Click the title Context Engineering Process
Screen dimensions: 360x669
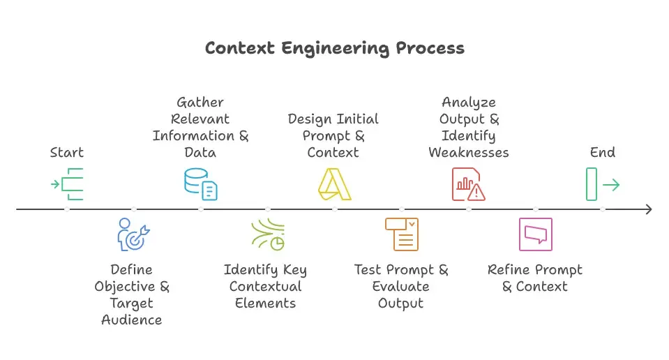[x=334, y=48]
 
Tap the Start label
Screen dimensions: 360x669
[x=67, y=152]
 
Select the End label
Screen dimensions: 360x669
[x=602, y=152]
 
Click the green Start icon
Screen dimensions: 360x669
[x=68, y=184]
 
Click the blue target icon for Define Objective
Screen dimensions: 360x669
[x=133, y=234]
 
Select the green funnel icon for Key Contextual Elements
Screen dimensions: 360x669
[x=267, y=234]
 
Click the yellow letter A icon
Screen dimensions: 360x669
[x=334, y=184]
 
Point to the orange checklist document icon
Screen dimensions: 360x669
[x=401, y=234]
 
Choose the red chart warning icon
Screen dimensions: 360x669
[x=468, y=184]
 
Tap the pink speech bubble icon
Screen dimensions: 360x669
[x=535, y=234]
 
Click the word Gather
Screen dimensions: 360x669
[x=200, y=103]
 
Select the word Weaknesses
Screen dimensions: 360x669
[x=468, y=152]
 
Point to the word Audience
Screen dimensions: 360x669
[x=132, y=320]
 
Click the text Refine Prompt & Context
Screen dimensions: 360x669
[x=535, y=278]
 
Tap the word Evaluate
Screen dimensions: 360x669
[x=401, y=286]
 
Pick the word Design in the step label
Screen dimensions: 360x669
[x=310, y=119]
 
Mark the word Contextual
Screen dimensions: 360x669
[x=265, y=286]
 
